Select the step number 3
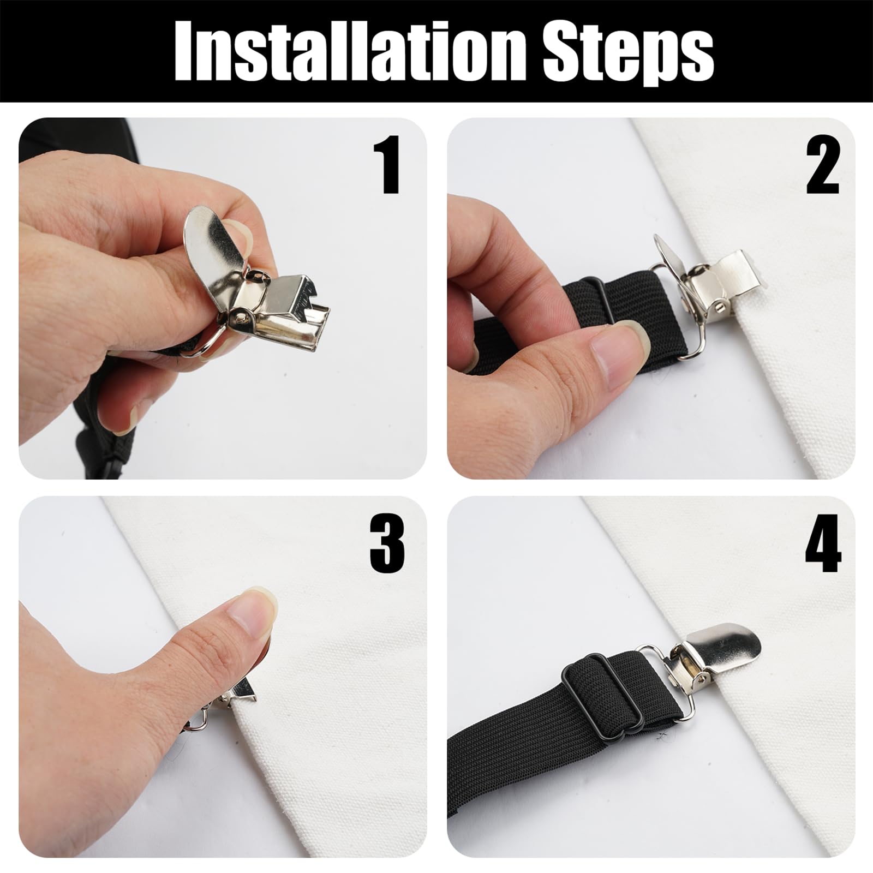387,543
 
